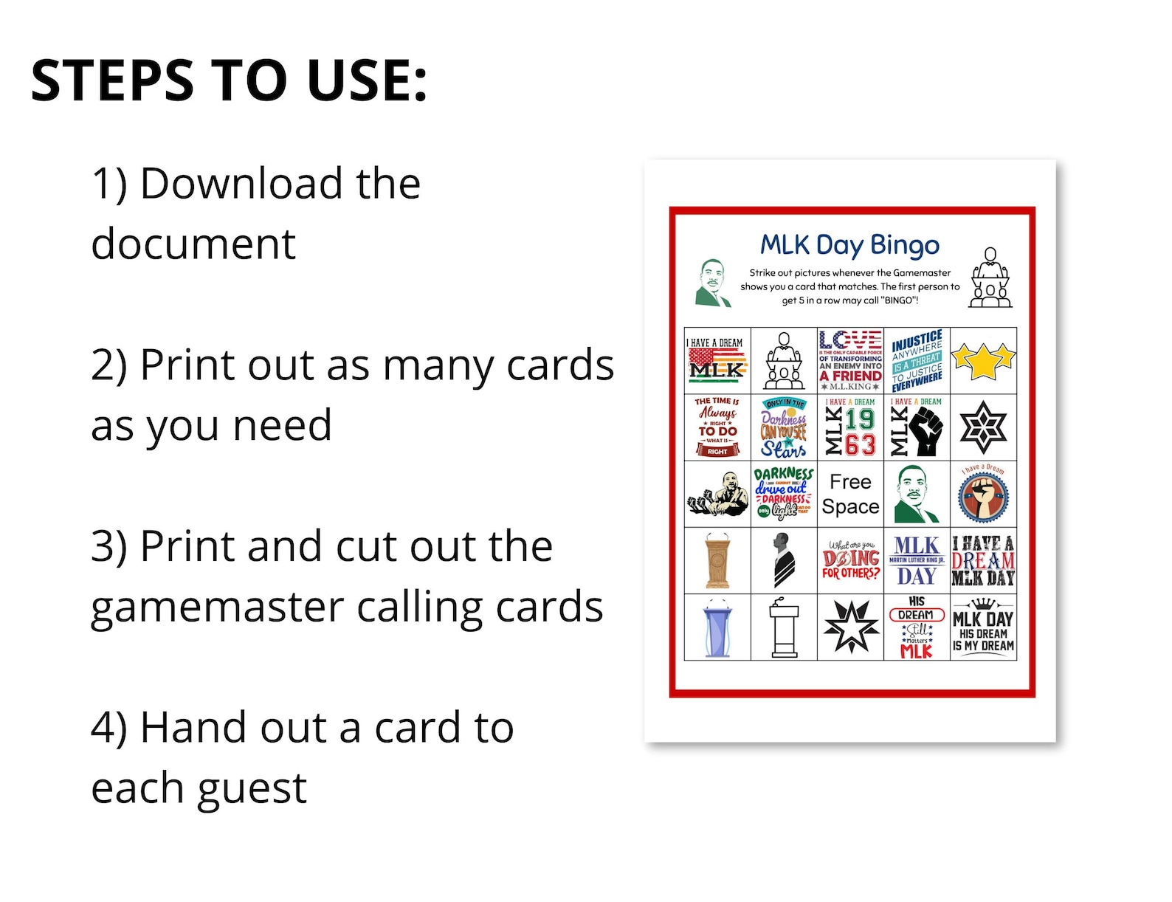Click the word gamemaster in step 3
click(x=217, y=607)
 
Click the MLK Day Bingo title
click(x=849, y=245)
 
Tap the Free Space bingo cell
click(x=850, y=494)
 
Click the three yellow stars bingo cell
click(x=983, y=360)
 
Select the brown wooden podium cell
click(x=717, y=561)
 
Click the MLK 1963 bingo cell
click(x=850, y=427)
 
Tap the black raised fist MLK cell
click(x=917, y=427)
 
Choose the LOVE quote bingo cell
click(x=850, y=360)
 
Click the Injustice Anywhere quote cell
click(x=917, y=360)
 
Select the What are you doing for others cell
click(x=850, y=561)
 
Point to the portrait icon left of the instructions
click(x=713, y=283)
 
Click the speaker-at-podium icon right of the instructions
click(x=990, y=278)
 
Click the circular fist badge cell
click(x=983, y=494)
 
